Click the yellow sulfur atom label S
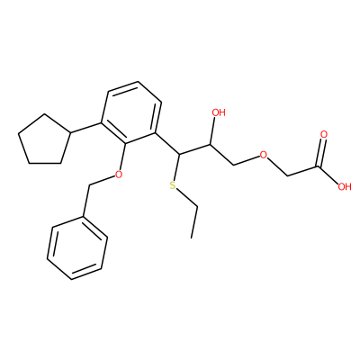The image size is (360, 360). (172, 185)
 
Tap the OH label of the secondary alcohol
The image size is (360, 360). (219, 112)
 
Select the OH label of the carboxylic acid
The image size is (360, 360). (345, 187)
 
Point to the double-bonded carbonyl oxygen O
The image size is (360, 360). (324, 135)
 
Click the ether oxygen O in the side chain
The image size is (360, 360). (264, 155)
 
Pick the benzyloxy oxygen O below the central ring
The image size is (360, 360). (119, 174)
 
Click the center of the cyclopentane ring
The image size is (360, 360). (44, 139)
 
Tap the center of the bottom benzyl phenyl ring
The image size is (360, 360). (77, 247)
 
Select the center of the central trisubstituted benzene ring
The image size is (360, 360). (131, 112)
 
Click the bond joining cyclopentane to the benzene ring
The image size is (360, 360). (85, 128)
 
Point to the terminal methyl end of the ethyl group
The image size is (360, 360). (191, 238)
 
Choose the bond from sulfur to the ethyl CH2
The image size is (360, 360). (187, 197)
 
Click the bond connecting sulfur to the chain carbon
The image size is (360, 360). (176, 168)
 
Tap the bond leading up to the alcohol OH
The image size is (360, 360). (212, 131)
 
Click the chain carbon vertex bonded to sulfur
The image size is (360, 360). (179, 155)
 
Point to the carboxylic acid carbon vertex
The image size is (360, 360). (319, 166)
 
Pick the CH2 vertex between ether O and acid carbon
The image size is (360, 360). (287, 175)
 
